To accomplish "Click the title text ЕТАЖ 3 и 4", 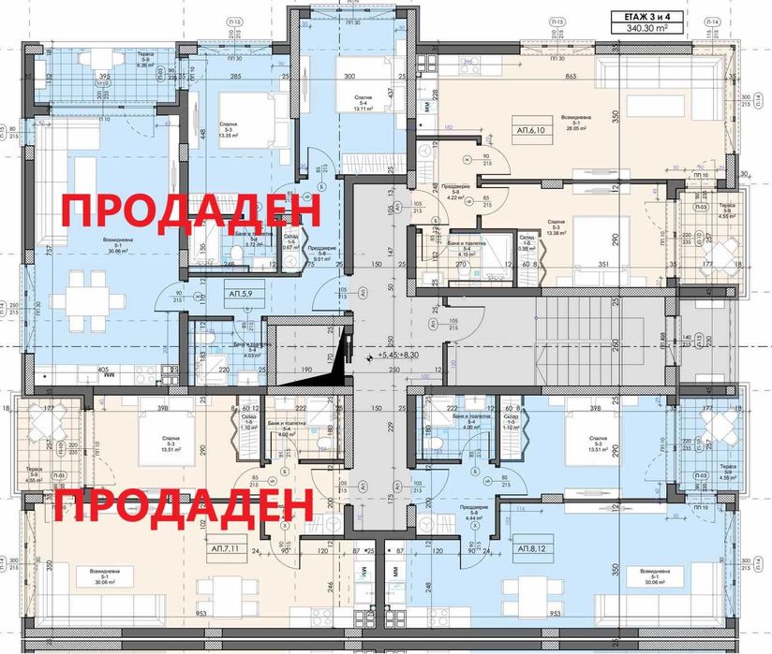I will pyautogui.click(x=647, y=15).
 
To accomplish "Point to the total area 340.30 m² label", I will pyautogui.click(x=647, y=29).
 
